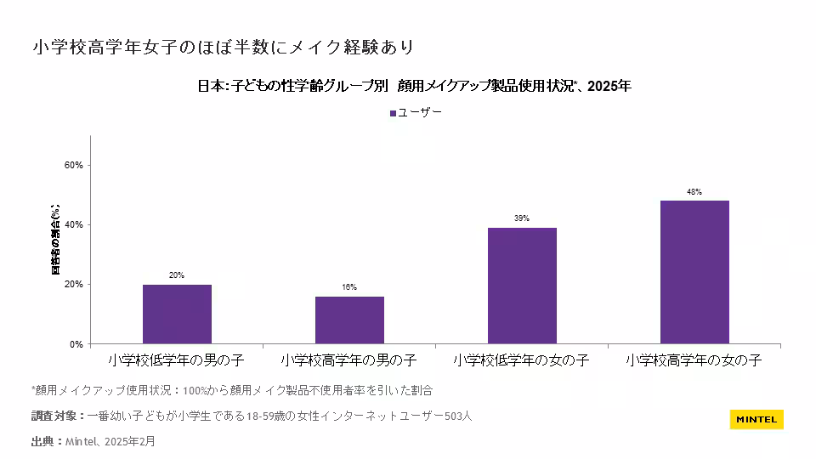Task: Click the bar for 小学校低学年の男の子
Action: point(177,314)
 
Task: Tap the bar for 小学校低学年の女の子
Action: point(522,286)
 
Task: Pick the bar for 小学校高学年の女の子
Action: point(694,272)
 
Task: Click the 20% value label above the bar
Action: point(177,275)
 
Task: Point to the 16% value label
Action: point(349,287)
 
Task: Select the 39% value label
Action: point(522,218)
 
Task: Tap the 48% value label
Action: point(694,192)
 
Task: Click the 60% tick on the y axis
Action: point(74,166)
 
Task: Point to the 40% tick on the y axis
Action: point(74,225)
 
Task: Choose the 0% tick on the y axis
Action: point(76,344)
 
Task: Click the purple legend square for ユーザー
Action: point(393,112)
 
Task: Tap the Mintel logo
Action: point(756,419)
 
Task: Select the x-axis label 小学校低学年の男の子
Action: point(177,360)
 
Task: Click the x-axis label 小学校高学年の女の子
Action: point(694,360)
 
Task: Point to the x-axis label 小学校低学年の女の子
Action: point(521,360)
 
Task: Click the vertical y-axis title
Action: point(56,240)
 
